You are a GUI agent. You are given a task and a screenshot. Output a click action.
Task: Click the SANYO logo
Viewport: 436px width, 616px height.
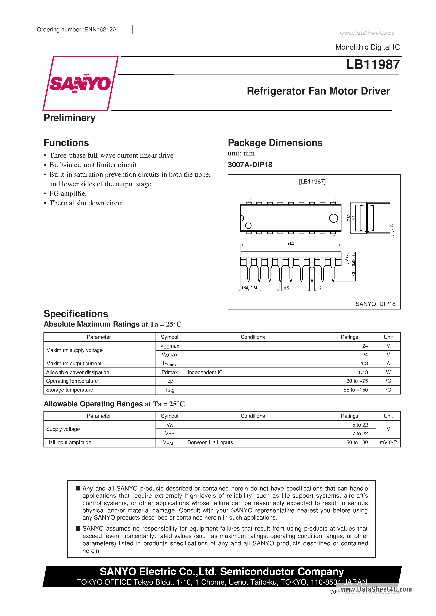(80, 84)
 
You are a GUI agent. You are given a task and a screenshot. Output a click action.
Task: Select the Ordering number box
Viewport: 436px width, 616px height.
(84, 30)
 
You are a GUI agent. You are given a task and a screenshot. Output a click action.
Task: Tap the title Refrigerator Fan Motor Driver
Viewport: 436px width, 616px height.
(318, 91)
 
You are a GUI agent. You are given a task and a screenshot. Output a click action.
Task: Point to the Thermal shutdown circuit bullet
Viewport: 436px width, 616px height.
(87, 203)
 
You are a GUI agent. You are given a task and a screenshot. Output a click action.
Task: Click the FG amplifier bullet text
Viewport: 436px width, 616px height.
(68, 193)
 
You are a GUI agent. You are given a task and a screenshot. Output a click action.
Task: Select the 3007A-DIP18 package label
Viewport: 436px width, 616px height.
(250, 165)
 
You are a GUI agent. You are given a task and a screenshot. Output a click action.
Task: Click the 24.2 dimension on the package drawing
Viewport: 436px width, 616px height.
(290, 243)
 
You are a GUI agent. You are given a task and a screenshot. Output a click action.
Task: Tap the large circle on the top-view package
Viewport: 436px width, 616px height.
(333, 218)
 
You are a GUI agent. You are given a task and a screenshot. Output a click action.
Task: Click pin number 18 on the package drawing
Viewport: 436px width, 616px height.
(249, 200)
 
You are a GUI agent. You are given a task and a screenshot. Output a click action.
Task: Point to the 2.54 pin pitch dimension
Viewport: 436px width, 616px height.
(254, 288)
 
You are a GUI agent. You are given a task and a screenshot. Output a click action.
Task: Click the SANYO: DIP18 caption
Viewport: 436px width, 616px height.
(375, 304)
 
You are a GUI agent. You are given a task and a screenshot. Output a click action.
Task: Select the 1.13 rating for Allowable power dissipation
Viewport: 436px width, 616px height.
(363, 372)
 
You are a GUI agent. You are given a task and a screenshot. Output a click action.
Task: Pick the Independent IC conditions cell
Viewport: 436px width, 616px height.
(205, 372)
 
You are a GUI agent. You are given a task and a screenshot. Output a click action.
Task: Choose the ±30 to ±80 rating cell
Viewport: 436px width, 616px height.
(355, 442)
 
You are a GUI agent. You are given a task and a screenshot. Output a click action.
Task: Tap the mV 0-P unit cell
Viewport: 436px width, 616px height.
(388, 442)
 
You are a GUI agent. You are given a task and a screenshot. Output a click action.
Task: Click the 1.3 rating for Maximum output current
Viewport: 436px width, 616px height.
(364, 363)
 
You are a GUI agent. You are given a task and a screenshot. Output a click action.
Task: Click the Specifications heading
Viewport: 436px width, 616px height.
(76, 314)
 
